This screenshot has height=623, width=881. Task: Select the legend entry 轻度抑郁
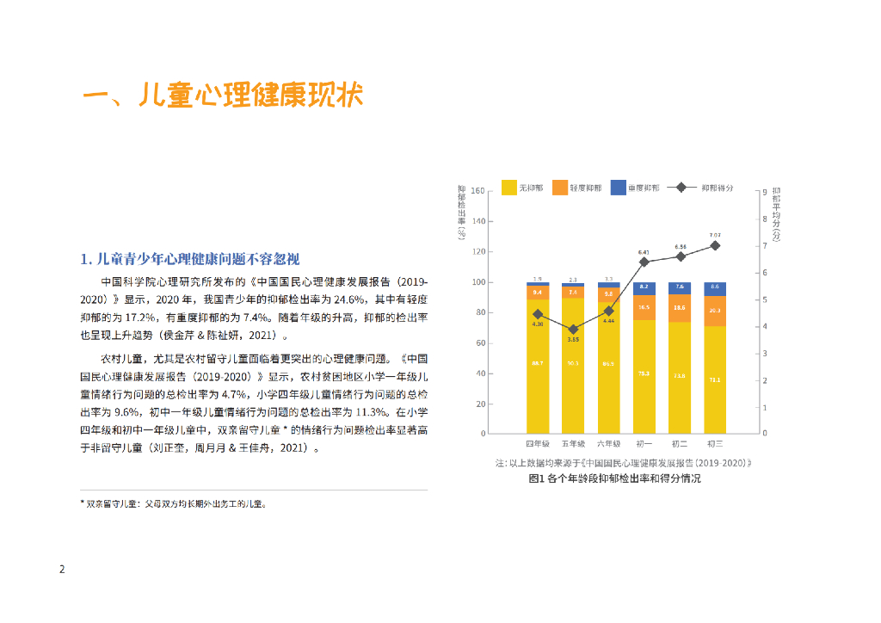point(576,187)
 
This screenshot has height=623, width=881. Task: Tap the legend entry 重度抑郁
point(635,187)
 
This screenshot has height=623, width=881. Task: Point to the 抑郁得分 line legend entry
point(705,187)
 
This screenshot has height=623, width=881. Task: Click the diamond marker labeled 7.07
point(714,245)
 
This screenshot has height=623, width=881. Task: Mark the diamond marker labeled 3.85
point(572,330)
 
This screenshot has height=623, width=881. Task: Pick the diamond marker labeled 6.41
point(644,262)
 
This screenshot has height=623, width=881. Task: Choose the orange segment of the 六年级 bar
point(608,293)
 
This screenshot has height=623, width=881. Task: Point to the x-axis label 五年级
point(573,444)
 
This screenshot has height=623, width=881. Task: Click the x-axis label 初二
point(679,444)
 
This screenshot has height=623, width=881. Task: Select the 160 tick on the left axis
point(479,191)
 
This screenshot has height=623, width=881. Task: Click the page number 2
point(61,570)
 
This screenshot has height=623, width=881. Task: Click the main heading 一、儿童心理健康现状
point(222,96)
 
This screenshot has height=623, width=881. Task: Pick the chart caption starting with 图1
point(614,478)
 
